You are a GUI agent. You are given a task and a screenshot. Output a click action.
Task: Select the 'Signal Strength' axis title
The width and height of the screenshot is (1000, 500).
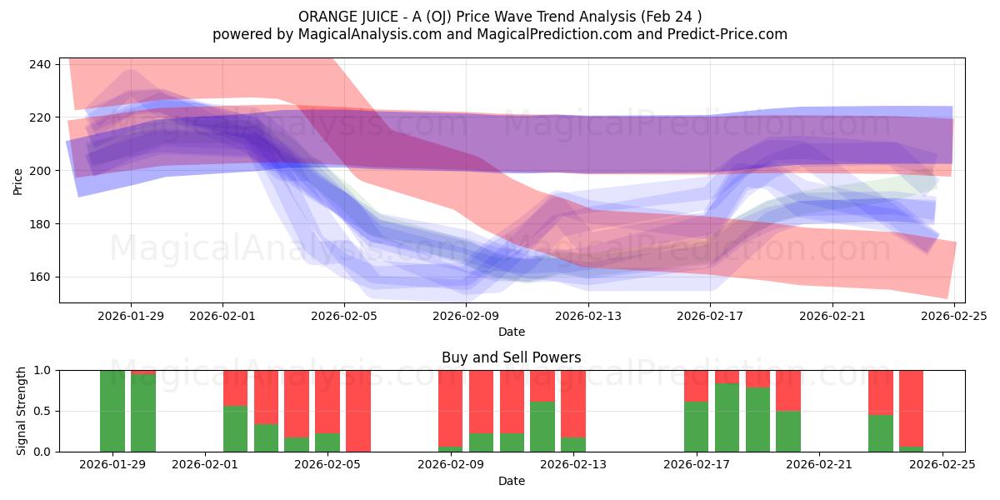coord(22,411)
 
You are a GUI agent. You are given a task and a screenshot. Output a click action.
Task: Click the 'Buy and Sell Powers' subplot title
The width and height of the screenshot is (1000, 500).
coord(511,357)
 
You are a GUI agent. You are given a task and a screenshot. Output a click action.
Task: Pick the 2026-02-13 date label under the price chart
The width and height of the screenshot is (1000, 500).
coord(588,315)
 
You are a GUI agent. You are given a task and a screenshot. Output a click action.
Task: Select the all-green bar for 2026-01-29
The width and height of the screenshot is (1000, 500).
coord(112,411)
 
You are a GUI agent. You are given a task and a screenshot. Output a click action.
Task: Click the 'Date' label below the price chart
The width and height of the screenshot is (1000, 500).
coord(511,332)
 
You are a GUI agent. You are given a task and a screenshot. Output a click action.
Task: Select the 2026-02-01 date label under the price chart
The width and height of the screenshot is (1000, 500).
coord(222,315)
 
